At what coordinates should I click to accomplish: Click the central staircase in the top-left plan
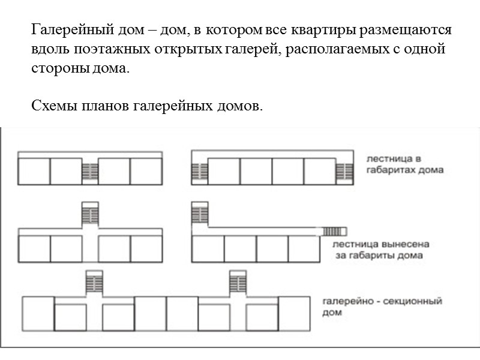pyautogui.click(x=90, y=171)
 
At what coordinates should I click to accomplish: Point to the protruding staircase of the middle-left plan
pyautogui.click(x=90, y=215)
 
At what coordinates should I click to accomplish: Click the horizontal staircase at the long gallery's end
pyautogui.click(x=335, y=230)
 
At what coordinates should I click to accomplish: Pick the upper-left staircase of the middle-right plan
pyautogui.click(x=199, y=215)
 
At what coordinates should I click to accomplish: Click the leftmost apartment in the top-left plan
pyautogui.click(x=34, y=171)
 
